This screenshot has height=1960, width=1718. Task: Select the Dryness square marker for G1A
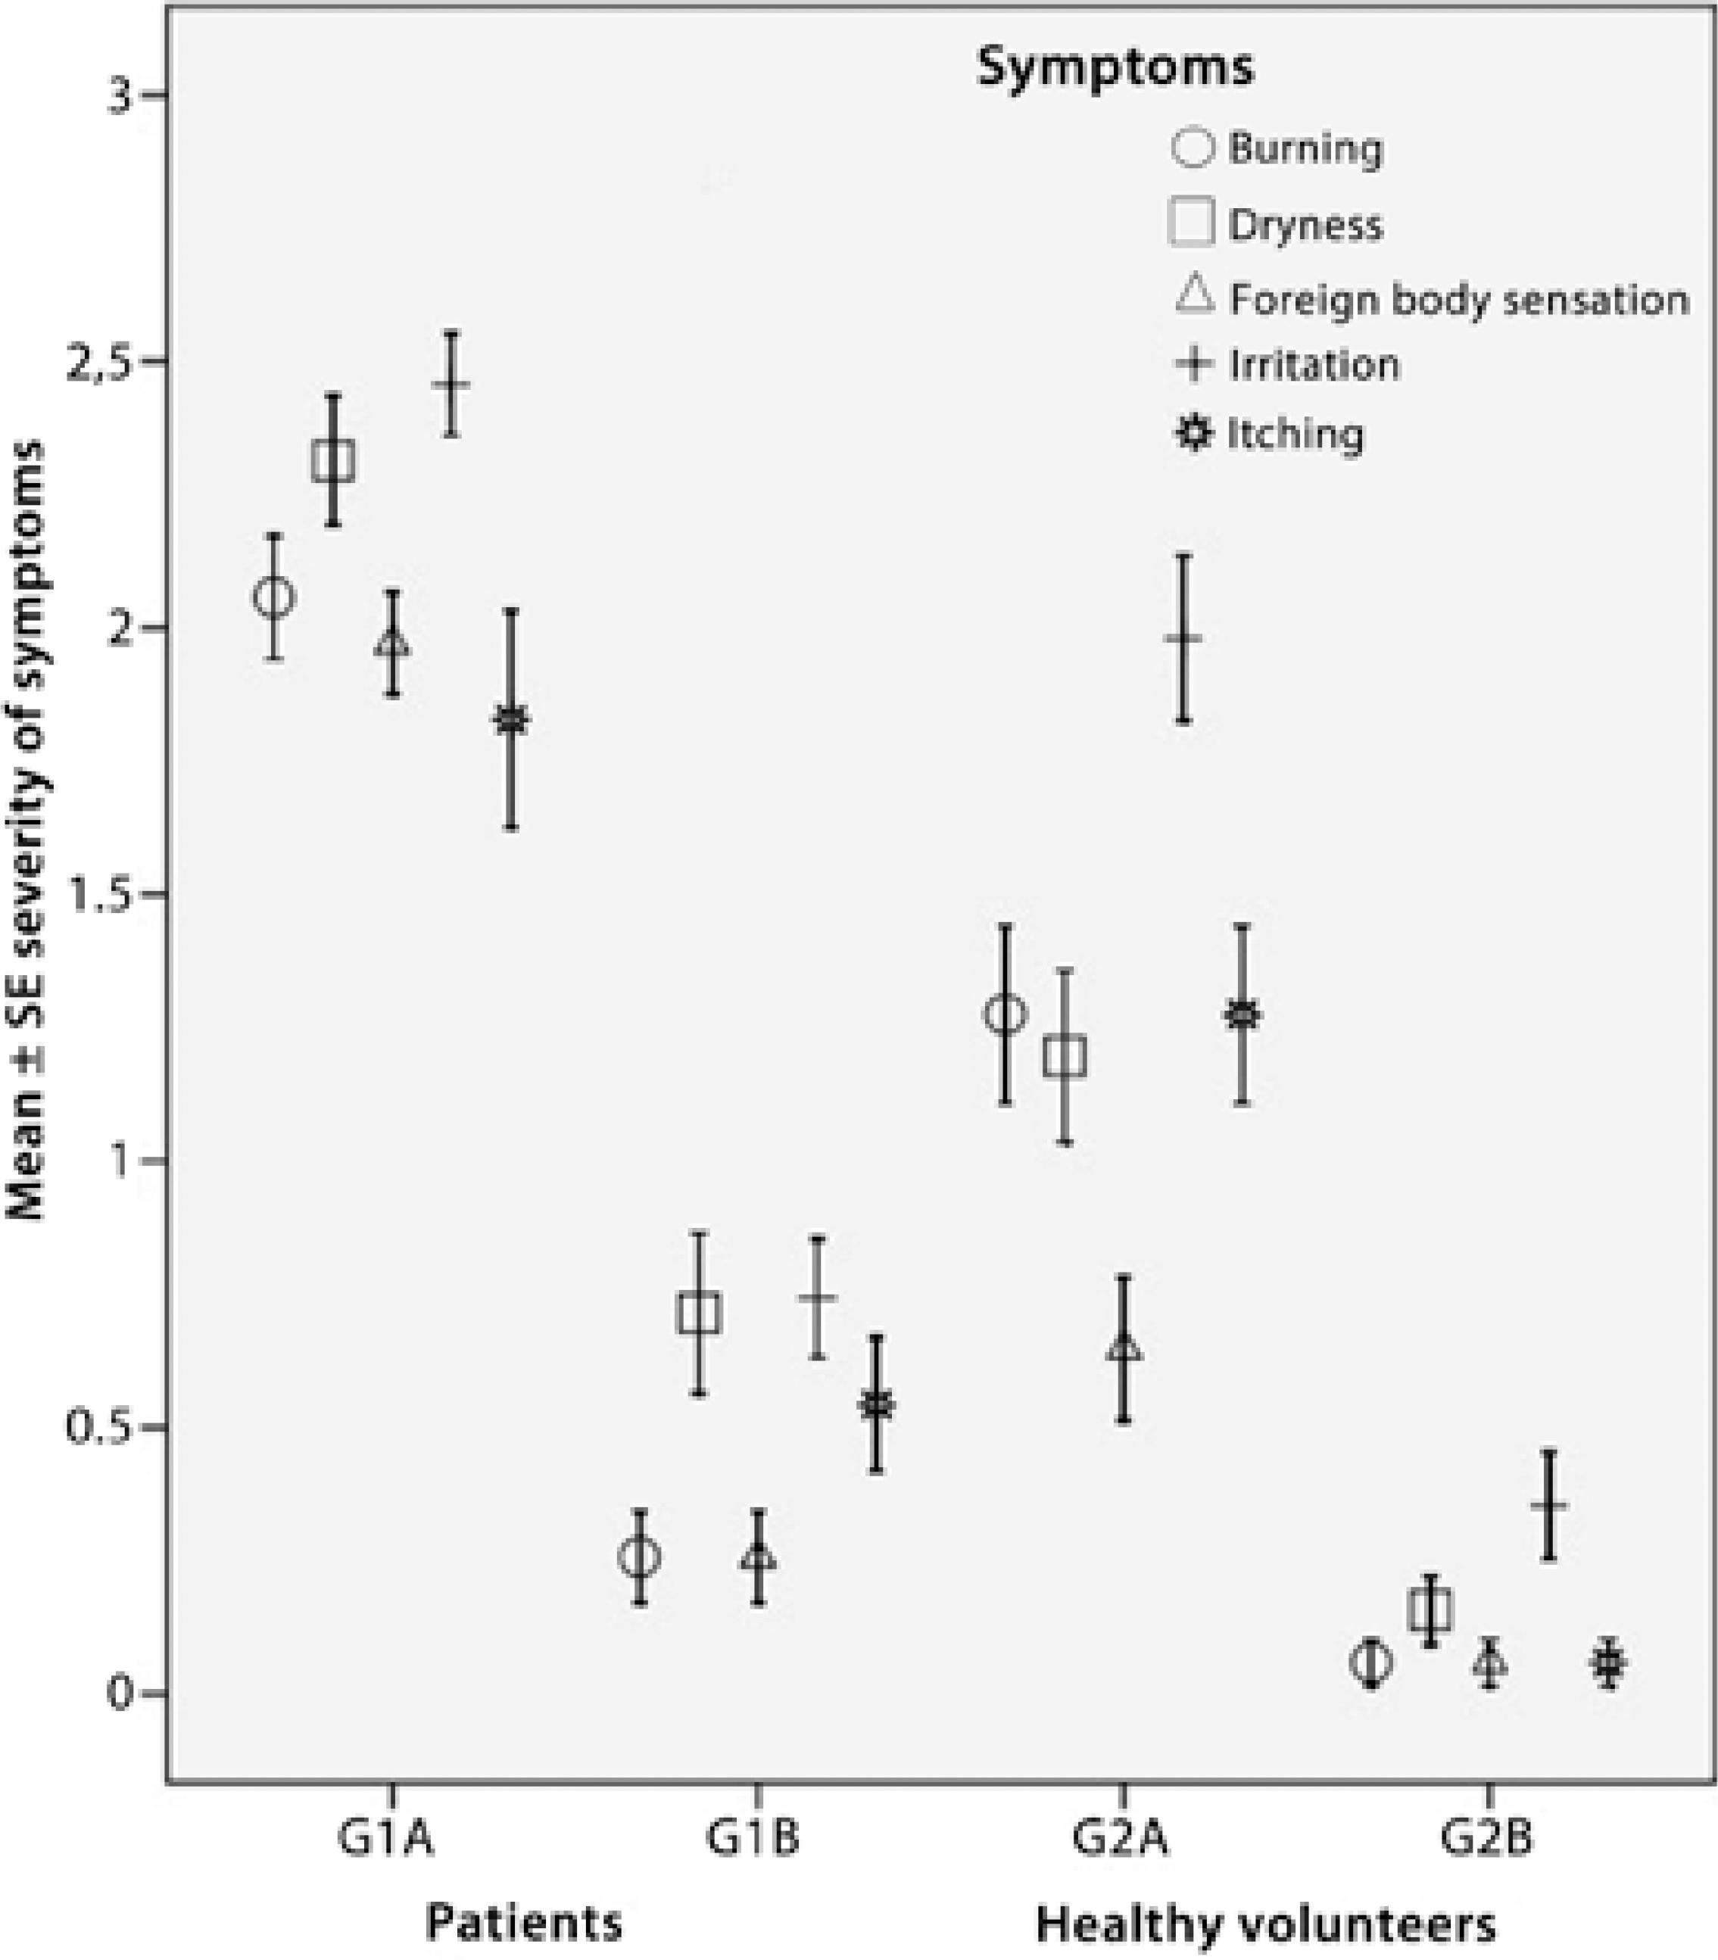(334, 461)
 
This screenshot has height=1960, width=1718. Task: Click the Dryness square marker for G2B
(1430, 1611)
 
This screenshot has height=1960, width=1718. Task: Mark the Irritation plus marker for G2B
(1549, 1505)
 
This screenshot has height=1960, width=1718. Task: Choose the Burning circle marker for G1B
(640, 1557)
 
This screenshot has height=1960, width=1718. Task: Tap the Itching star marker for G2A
(1243, 1014)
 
